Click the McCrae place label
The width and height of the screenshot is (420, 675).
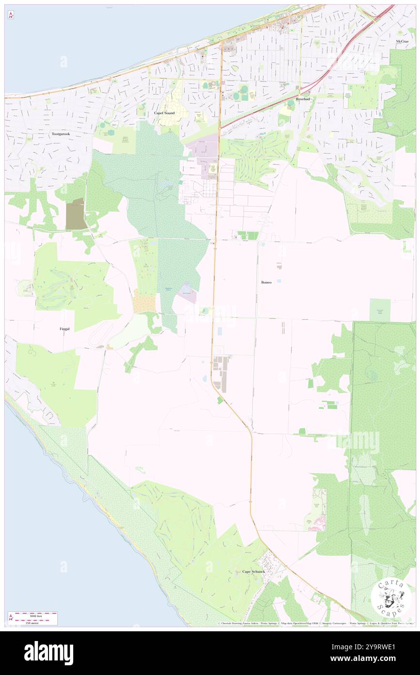click(x=403, y=42)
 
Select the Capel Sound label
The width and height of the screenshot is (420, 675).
click(x=164, y=113)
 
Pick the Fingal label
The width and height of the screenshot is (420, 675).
click(x=65, y=329)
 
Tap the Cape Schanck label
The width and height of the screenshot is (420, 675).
click(x=254, y=572)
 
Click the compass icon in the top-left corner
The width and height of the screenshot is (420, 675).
click(x=11, y=15)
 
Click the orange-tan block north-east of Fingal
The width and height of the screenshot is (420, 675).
click(x=144, y=304)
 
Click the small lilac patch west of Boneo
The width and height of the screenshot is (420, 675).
click(x=187, y=293)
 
